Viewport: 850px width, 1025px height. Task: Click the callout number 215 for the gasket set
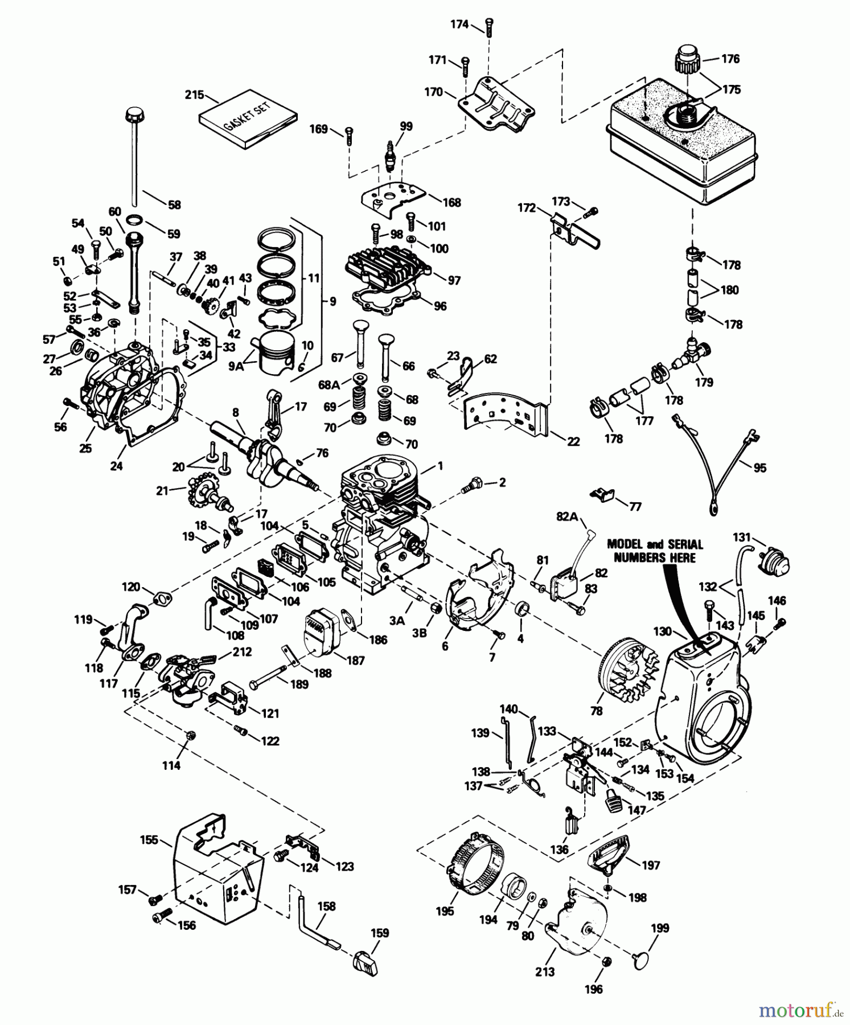(x=194, y=95)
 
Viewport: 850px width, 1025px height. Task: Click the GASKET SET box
(x=248, y=118)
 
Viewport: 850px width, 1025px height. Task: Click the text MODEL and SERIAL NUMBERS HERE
(x=655, y=551)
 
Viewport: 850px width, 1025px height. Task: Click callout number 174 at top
(x=459, y=24)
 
